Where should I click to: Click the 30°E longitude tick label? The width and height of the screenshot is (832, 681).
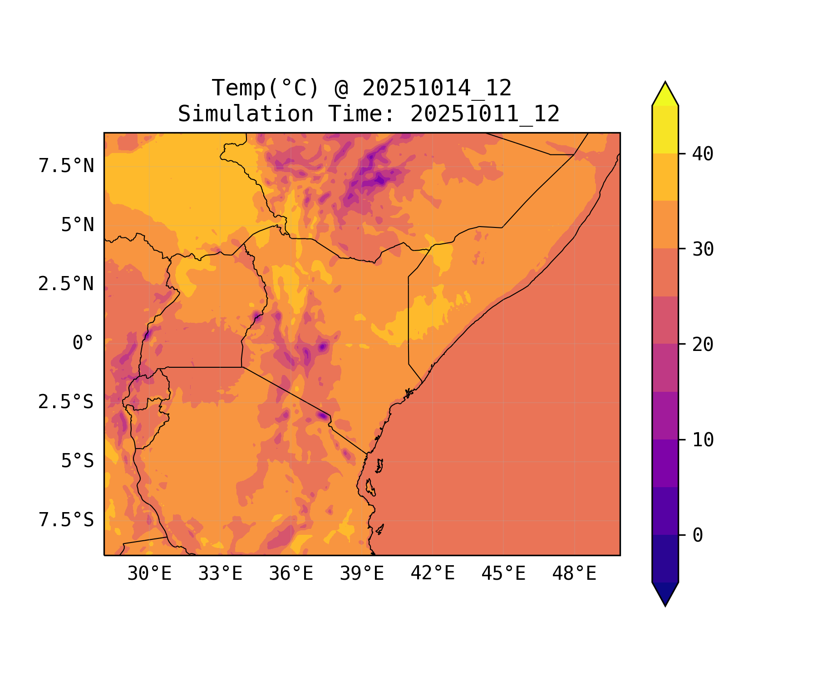pyautogui.click(x=149, y=574)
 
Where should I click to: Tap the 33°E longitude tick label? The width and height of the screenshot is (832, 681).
pyautogui.click(x=220, y=574)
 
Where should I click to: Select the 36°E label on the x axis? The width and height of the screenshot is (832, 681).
pyautogui.click(x=291, y=574)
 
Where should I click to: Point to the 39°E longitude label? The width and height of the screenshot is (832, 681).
pyautogui.click(x=362, y=574)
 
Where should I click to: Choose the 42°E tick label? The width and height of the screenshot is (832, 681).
pyautogui.click(x=433, y=574)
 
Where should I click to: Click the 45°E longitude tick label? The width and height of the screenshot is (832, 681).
pyautogui.click(x=503, y=574)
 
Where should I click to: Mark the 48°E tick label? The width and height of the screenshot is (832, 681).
pyautogui.click(x=574, y=574)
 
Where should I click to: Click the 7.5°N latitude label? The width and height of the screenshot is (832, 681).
pyautogui.click(x=66, y=166)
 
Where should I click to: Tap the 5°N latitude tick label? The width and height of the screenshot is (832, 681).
pyautogui.click(x=78, y=225)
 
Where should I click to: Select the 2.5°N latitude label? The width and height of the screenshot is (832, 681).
pyautogui.click(x=66, y=284)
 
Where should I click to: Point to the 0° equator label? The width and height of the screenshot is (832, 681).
pyautogui.click(x=83, y=343)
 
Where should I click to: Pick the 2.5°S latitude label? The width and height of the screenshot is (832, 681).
pyautogui.click(x=66, y=402)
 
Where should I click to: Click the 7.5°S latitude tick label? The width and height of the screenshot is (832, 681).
pyautogui.click(x=66, y=520)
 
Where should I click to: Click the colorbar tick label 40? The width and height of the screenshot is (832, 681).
pyautogui.click(x=703, y=154)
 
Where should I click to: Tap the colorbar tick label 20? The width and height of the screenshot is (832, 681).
pyautogui.click(x=703, y=345)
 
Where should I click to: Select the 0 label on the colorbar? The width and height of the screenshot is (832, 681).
pyautogui.click(x=698, y=536)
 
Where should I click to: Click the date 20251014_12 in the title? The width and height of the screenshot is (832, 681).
pyautogui.click(x=437, y=88)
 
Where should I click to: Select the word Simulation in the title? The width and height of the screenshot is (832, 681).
pyautogui.click(x=246, y=114)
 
